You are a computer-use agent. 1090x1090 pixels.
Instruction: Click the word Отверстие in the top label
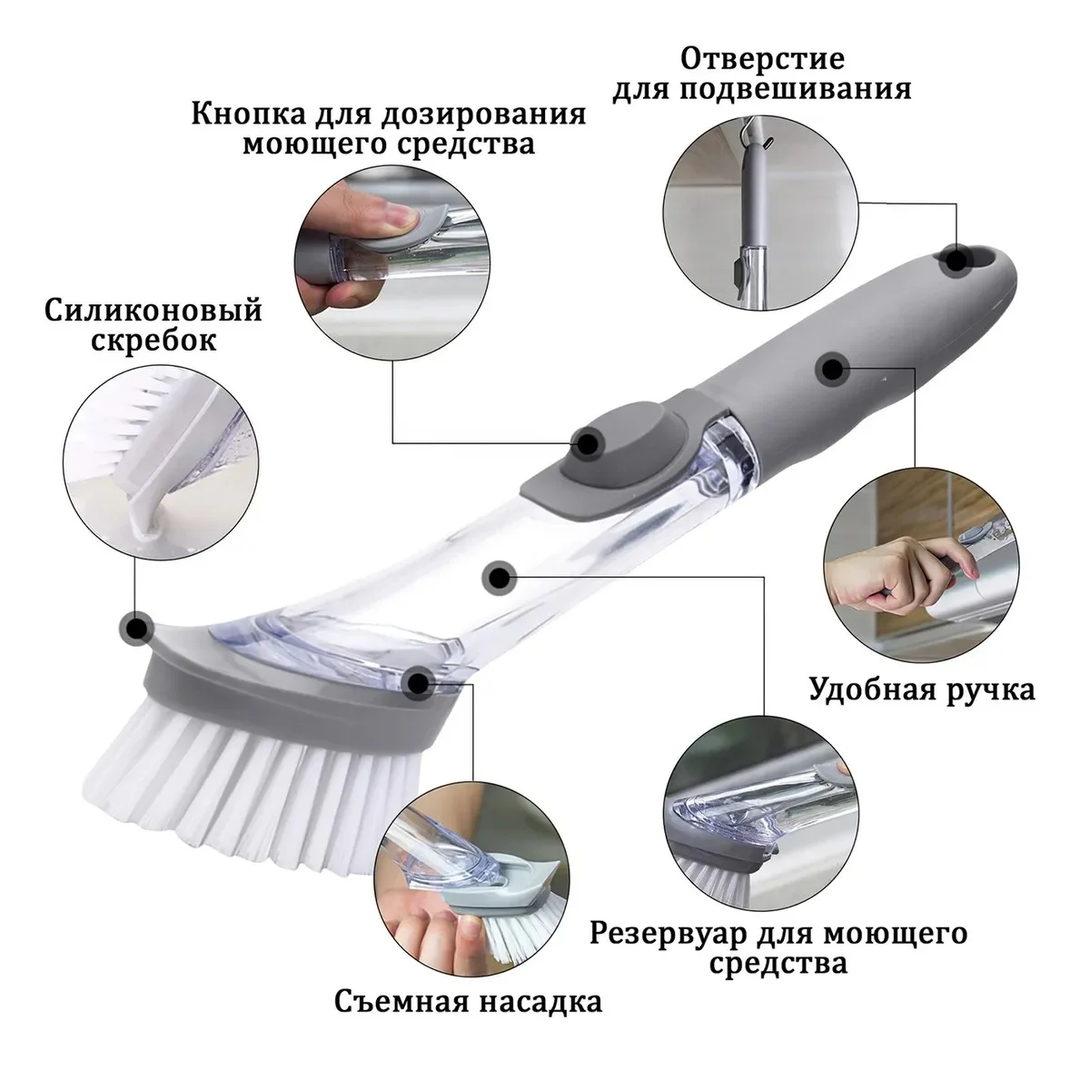(x=762, y=59)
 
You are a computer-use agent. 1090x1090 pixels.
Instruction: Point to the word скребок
(x=154, y=342)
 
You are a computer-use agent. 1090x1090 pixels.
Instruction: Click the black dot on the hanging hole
(x=956, y=261)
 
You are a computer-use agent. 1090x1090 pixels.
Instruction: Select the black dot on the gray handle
(x=831, y=370)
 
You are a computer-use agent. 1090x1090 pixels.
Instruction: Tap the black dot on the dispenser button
(x=587, y=442)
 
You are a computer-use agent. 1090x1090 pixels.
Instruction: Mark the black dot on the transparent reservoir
(x=499, y=578)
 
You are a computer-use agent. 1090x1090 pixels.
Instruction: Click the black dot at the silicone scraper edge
(x=136, y=628)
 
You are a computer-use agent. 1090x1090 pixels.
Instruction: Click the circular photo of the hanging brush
(x=761, y=213)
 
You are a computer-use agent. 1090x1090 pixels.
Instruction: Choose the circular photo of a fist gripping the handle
(x=920, y=564)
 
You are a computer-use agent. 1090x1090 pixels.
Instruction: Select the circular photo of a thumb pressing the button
(x=392, y=263)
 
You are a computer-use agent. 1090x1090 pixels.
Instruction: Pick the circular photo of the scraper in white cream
(x=161, y=462)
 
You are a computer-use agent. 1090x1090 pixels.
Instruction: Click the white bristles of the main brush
(x=254, y=792)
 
